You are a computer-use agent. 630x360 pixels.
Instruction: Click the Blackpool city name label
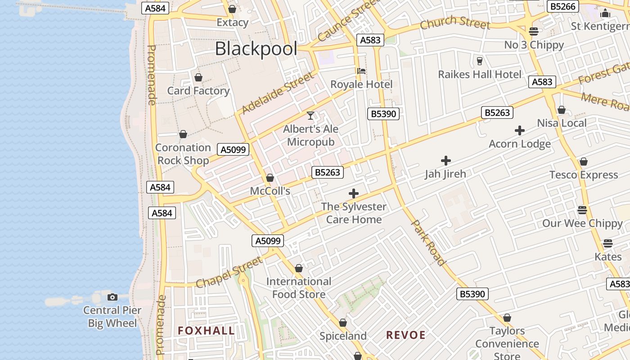[x=256, y=49]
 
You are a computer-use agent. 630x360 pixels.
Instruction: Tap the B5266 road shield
[x=563, y=6]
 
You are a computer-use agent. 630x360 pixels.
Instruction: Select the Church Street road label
[x=454, y=22]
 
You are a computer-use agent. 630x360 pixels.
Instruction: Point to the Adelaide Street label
[x=277, y=93]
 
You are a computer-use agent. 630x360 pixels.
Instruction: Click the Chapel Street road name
[x=229, y=272]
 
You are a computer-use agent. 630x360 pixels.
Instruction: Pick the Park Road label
[x=429, y=243]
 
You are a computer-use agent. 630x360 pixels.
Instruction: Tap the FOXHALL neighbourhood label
[x=206, y=331]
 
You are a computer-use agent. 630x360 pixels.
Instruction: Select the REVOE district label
[x=406, y=335]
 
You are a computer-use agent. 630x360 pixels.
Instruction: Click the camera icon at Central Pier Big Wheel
[x=112, y=297]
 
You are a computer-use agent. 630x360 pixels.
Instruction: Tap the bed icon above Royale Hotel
[x=361, y=71]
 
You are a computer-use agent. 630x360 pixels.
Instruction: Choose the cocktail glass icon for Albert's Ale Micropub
[x=310, y=116]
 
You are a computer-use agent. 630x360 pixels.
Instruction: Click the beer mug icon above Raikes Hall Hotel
[x=480, y=61]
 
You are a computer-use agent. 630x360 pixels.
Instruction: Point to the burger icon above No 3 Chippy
[x=534, y=31]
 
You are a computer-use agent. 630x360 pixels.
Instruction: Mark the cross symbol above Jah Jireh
[x=446, y=160]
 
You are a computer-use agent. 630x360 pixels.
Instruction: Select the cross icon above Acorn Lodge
[x=520, y=130]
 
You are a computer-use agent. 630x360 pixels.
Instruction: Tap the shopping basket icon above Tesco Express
[x=584, y=162]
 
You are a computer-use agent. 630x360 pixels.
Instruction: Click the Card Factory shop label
[x=198, y=91]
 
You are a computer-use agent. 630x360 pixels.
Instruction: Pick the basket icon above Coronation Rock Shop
[x=183, y=134]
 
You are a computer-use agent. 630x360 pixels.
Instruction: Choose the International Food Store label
[x=299, y=288]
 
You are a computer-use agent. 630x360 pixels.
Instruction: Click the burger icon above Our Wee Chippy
[x=582, y=210]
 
